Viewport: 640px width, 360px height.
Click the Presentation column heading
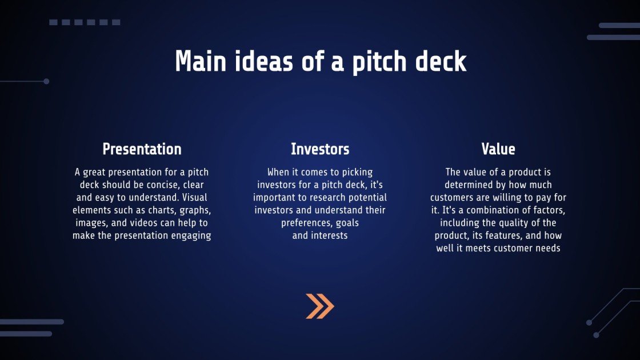(x=142, y=149)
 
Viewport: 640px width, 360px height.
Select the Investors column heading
(x=320, y=149)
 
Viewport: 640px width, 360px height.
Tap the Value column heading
(x=498, y=149)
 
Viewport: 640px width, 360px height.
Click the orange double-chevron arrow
(x=319, y=306)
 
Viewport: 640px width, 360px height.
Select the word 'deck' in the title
(x=441, y=61)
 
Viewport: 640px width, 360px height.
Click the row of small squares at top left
(x=85, y=22)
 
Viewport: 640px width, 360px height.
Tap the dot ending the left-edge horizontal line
(x=46, y=81)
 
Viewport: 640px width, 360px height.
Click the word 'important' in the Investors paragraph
(x=275, y=197)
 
